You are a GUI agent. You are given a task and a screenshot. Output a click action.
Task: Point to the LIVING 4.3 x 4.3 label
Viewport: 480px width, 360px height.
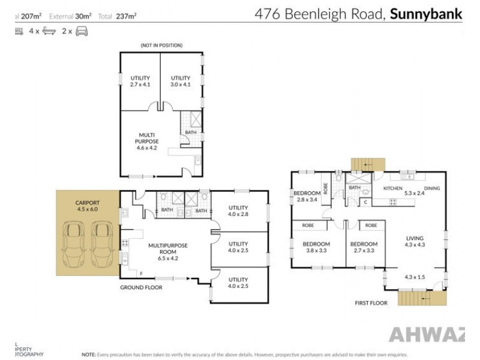414,241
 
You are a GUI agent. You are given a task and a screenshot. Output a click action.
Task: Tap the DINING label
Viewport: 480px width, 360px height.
432,188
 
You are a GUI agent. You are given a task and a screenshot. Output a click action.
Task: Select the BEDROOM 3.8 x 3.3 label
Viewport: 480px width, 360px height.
316,247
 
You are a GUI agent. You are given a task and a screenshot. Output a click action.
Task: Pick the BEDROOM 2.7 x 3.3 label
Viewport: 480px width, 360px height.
364,247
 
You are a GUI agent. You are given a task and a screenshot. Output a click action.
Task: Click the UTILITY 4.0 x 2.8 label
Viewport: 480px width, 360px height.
238,211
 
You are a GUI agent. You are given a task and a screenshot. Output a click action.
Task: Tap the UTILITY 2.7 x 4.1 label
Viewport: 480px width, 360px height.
140,81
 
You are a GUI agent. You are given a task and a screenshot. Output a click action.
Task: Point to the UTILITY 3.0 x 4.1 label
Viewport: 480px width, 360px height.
180,81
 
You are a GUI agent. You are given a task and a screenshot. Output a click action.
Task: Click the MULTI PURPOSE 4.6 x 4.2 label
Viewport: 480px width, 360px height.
146,142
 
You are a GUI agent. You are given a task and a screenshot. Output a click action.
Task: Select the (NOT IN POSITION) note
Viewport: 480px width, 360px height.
161,46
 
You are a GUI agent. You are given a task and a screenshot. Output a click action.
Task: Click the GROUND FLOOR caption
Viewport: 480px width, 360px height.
142,287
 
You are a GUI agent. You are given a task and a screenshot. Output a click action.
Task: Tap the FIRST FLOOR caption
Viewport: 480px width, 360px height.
371,303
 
